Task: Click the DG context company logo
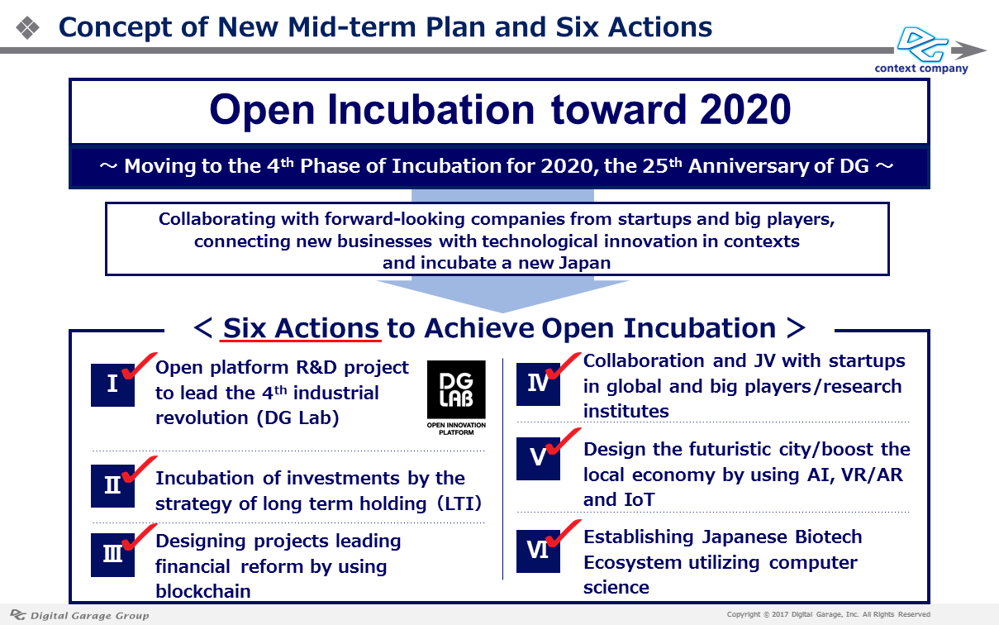pos(922,50)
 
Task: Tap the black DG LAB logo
pos(456,397)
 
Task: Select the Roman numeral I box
pos(112,384)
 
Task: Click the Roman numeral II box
pos(112,485)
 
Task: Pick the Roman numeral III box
pos(112,555)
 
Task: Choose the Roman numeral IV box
pos(538,384)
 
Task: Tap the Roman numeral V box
pos(538,458)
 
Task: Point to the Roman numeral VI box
pos(538,551)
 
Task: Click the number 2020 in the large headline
pos(745,109)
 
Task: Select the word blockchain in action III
pos(203,591)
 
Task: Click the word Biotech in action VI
pos(828,537)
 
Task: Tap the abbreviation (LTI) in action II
pos(459,503)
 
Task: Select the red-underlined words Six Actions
pos(301,328)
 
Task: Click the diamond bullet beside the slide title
pos(27,27)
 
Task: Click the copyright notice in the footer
pos(828,614)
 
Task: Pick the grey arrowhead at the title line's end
pos(968,50)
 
